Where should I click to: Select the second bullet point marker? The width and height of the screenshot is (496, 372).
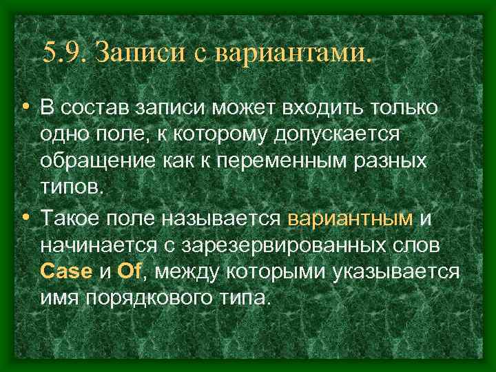(25, 217)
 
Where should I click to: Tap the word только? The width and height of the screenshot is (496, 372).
(406, 110)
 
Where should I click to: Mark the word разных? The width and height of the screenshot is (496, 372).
(393, 162)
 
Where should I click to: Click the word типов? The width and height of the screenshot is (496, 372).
(72, 188)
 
